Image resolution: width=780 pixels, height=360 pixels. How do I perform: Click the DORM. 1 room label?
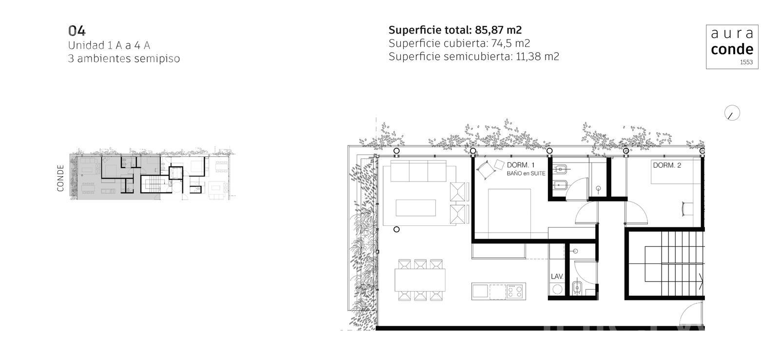[x=521, y=165]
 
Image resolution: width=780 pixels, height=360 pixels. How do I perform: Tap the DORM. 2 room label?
[x=667, y=165]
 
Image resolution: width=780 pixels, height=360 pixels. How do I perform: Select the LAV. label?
[x=557, y=277]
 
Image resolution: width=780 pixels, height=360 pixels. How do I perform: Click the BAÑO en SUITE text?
[x=526, y=174]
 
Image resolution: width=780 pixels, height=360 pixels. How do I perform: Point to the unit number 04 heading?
[x=77, y=31]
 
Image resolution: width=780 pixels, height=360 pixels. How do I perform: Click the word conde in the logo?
[x=732, y=49]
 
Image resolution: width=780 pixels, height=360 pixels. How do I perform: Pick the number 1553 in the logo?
[x=746, y=62]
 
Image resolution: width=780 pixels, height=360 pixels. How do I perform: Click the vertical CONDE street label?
[x=60, y=178]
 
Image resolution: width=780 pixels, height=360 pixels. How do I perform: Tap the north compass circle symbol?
[x=732, y=113]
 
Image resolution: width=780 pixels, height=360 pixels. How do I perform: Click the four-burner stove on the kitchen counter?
[x=515, y=291]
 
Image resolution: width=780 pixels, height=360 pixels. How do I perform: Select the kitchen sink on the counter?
[x=480, y=291]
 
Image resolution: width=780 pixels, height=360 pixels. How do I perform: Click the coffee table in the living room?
[x=415, y=208]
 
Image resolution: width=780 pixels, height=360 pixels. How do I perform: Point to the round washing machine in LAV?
[x=557, y=289]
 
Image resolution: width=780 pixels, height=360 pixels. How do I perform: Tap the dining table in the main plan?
[x=420, y=280]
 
